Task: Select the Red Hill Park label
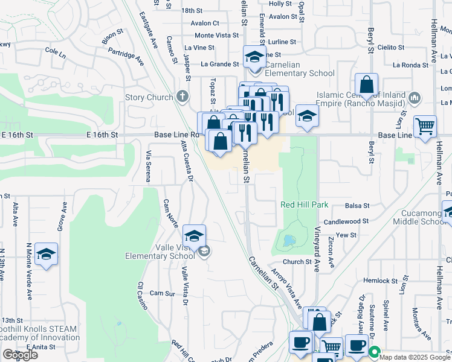pos(305,205)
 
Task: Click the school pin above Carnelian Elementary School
pos(254,58)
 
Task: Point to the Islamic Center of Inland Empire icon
pos(415,98)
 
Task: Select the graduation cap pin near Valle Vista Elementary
pos(194,236)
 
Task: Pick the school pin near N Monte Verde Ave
pos(46,255)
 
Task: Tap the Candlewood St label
pos(346,222)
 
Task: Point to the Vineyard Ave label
pos(316,249)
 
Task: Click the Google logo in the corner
pos(20,355)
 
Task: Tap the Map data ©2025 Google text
pos(415,356)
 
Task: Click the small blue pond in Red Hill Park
pos(288,241)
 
